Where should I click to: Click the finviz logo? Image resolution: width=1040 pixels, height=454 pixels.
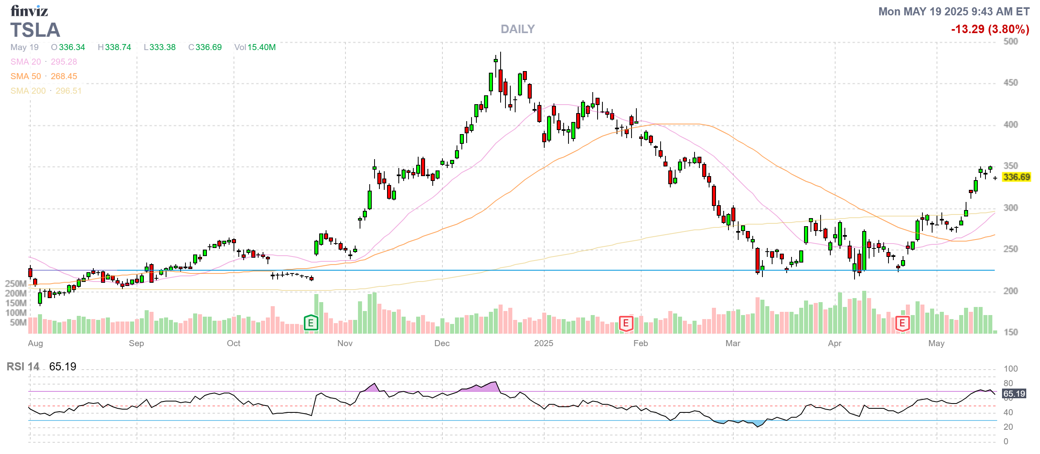click(x=29, y=11)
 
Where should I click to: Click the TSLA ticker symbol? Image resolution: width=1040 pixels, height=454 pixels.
click(x=35, y=30)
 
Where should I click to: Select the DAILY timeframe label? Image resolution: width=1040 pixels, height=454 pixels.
click(x=517, y=29)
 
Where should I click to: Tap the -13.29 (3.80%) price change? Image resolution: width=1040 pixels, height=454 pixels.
click(x=989, y=29)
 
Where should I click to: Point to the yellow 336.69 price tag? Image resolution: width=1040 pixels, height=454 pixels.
click(x=1016, y=177)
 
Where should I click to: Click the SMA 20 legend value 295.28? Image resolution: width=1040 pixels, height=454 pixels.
click(x=63, y=62)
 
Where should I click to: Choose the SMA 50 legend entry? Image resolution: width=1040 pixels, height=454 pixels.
click(x=43, y=76)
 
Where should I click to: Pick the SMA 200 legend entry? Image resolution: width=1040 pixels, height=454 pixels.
click(x=46, y=91)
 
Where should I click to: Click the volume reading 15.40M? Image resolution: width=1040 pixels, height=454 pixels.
click(x=261, y=47)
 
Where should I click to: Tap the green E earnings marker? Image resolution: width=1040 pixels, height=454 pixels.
click(x=311, y=323)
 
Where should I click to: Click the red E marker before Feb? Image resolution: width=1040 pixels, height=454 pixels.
click(x=625, y=323)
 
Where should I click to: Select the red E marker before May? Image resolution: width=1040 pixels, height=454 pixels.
click(x=902, y=323)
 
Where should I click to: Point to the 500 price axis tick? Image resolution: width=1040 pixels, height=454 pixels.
click(x=1011, y=42)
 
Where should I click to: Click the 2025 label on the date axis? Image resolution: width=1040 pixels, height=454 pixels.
click(x=543, y=343)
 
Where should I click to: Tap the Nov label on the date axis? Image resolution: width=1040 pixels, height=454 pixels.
click(x=345, y=343)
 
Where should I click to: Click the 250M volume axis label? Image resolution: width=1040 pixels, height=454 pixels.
click(x=16, y=284)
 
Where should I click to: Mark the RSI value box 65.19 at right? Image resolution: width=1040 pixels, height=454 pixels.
click(x=1014, y=394)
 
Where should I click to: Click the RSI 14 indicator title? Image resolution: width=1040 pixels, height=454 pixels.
click(x=23, y=367)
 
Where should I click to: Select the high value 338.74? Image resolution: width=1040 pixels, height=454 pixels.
click(x=118, y=47)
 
